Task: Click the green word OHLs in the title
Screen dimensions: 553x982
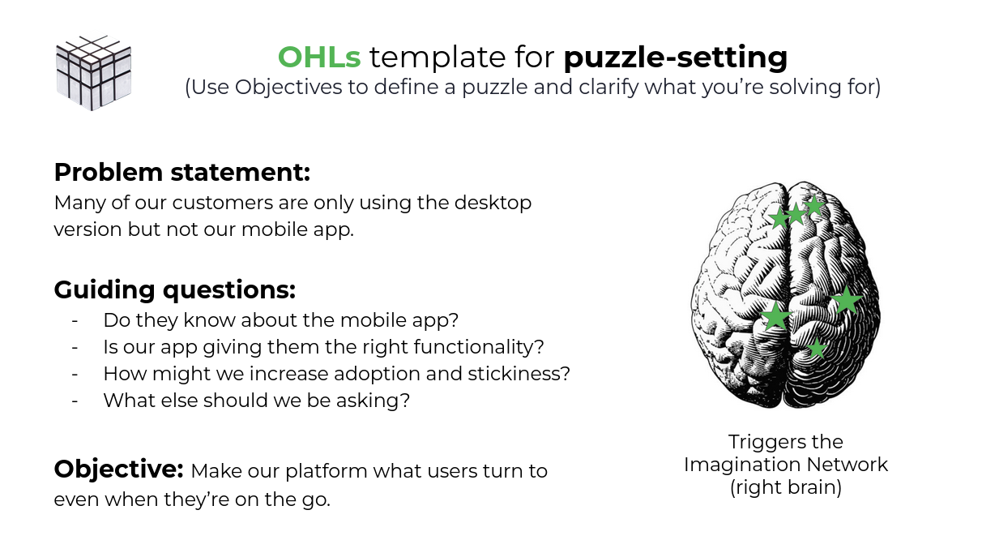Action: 320,57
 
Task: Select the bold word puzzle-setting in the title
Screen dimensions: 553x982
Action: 676,58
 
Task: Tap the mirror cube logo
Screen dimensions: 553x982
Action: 93,72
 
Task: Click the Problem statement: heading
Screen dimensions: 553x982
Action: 182,173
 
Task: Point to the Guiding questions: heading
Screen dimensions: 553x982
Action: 174,289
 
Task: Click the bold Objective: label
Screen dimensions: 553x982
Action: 119,469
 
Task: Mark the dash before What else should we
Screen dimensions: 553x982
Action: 75,401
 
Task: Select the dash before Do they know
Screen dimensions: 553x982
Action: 75,320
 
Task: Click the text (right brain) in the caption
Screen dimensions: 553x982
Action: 786,488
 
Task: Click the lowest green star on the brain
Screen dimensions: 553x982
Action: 817,349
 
